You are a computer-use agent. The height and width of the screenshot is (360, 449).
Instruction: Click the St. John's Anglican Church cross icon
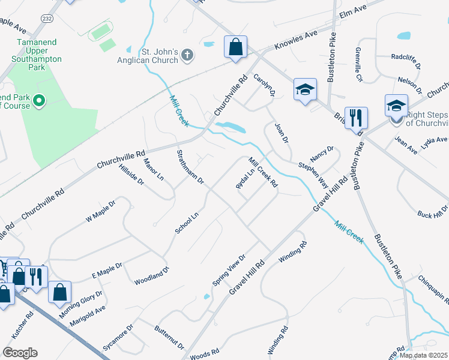[x=187, y=56]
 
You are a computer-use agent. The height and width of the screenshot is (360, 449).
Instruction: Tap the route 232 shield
[x=46, y=19]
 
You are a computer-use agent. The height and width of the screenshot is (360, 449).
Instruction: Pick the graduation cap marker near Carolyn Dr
[x=305, y=90]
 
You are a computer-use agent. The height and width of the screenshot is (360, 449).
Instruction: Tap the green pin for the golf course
[x=40, y=100]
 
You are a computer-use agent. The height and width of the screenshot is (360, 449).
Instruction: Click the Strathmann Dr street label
[x=190, y=167]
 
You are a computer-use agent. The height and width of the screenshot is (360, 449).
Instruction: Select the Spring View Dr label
[x=229, y=270]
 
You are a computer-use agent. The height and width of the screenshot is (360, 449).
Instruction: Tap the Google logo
[x=19, y=353]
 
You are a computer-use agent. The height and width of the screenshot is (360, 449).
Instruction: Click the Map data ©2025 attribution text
[x=423, y=355]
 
